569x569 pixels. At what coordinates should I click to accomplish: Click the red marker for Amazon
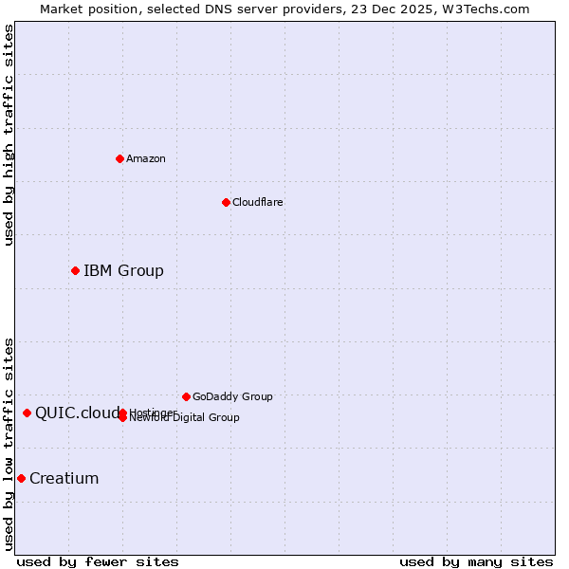tap(119, 158)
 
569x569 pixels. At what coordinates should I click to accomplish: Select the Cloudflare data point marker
tap(226, 202)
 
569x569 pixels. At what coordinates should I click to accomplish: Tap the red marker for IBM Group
tap(75, 271)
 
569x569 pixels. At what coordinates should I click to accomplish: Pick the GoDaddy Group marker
tap(186, 396)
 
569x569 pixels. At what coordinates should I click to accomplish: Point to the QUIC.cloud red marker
tap(27, 413)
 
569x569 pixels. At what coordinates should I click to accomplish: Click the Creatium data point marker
tap(21, 478)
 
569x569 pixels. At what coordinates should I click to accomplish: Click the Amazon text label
tap(146, 158)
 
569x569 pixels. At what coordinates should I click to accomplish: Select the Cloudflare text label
tap(258, 202)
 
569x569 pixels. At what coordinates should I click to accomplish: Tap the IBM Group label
tap(123, 271)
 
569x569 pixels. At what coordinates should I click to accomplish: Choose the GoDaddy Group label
tap(232, 396)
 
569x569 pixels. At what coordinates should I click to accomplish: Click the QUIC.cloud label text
tap(78, 413)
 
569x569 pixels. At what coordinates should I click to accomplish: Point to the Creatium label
tap(64, 478)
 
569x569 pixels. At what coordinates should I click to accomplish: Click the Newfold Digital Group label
tap(185, 418)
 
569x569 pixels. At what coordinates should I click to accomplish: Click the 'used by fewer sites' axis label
tap(98, 561)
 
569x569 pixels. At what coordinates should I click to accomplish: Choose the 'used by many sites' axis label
tap(476, 561)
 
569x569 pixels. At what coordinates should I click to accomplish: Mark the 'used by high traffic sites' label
tap(9, 135)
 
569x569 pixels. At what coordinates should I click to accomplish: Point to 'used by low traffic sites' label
tap(9, 444)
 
